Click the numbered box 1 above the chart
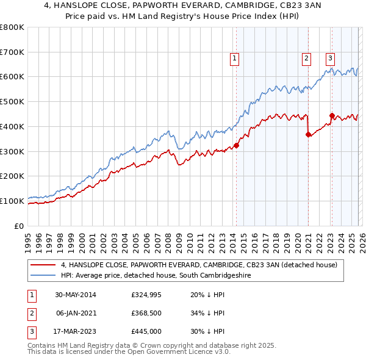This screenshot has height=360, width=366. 235,59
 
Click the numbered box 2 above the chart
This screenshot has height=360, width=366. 306,59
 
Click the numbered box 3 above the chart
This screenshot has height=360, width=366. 330,59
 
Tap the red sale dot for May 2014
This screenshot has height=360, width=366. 237,145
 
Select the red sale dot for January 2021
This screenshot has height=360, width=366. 308,135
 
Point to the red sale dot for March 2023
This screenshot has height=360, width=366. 332,115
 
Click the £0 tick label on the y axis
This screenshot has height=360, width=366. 18,226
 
